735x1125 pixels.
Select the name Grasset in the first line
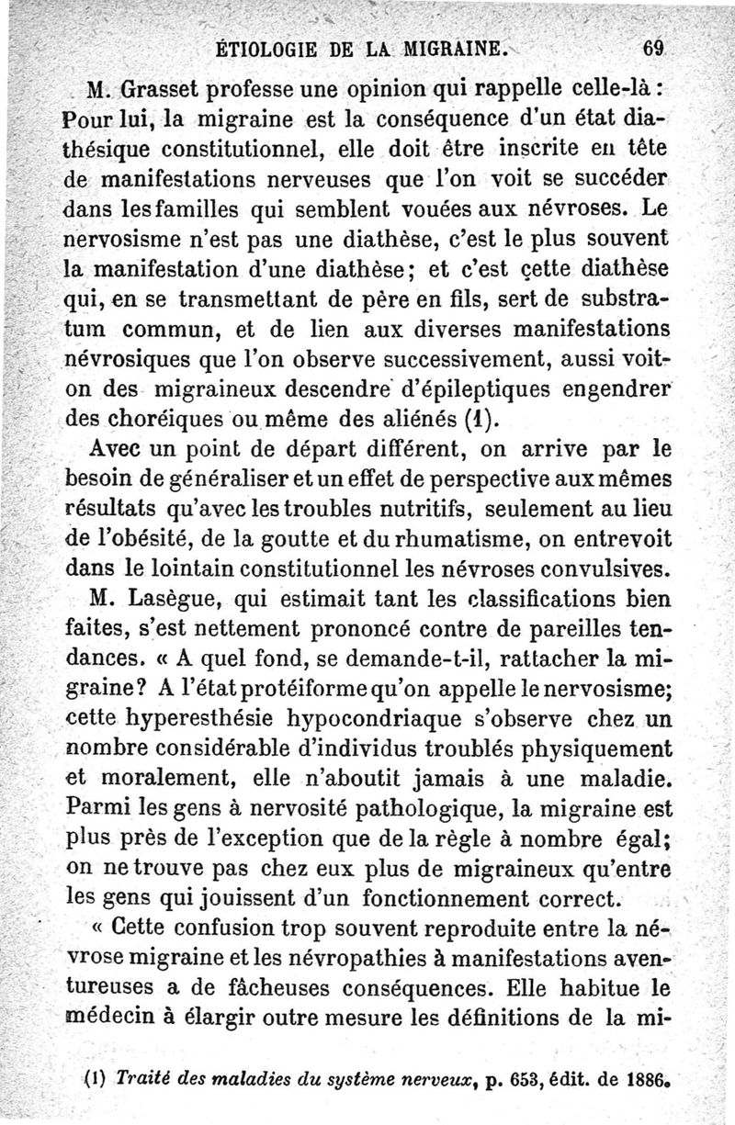(171, 91)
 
